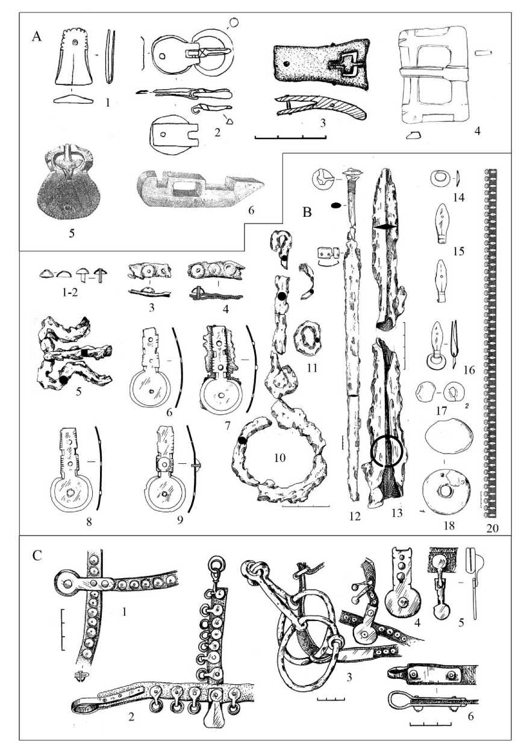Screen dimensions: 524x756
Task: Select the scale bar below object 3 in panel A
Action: (x=287, y=138)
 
